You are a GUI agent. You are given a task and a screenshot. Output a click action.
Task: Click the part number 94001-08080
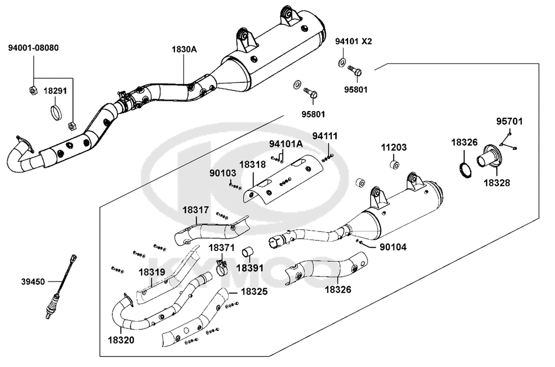34,48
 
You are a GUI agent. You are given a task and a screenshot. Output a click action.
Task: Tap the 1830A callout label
184,49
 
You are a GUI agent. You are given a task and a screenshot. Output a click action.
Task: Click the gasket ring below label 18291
56,112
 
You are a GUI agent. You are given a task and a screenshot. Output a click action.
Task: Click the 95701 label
509,122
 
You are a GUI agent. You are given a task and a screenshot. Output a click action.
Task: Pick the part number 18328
497,183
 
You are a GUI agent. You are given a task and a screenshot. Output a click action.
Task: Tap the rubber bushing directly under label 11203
395,165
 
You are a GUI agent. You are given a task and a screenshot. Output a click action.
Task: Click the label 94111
325,136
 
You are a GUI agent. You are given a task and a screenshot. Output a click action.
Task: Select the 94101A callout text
286,144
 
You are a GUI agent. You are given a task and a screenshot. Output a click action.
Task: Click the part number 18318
253,164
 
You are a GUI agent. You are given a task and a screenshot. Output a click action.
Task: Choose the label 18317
196,210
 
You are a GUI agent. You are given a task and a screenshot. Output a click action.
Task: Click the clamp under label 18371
221,270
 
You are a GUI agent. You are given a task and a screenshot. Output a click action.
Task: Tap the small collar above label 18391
248,252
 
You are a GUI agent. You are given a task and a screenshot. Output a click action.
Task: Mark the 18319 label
152,273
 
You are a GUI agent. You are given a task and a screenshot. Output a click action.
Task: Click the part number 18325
254,291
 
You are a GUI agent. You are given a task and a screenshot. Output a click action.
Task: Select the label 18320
121,340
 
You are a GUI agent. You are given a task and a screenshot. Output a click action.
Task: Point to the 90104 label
393,247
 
